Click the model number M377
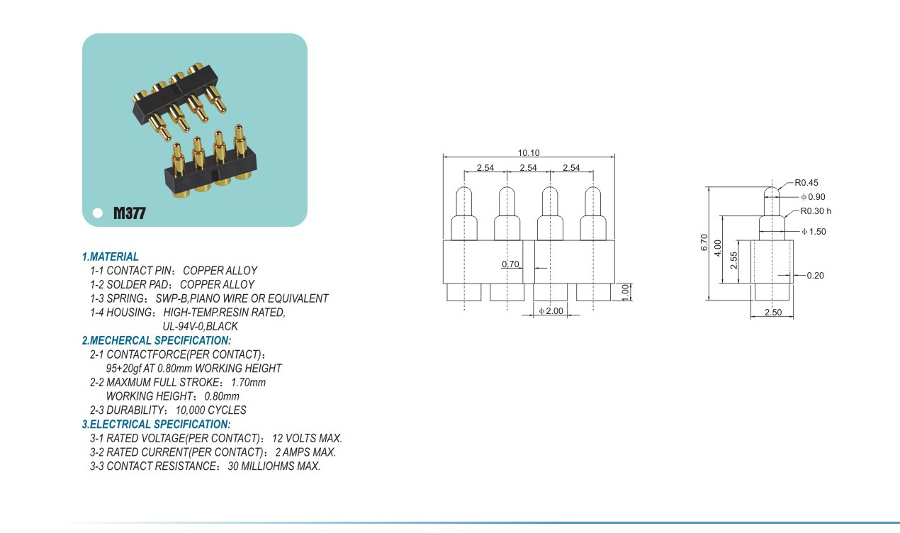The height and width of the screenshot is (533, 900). [129, 213]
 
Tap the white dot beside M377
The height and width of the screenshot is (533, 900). [98, 213]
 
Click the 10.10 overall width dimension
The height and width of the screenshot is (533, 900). [529, 152]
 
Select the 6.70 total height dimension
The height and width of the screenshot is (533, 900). [704, 242]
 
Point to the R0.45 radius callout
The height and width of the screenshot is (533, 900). [806, 183]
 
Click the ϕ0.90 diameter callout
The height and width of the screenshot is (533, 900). [812, 197]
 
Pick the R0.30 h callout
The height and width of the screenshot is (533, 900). [816, 211]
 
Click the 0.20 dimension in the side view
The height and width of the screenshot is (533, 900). [815, 276]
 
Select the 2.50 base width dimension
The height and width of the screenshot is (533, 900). [772, 313]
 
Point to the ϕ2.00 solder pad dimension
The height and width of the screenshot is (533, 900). [551, 311]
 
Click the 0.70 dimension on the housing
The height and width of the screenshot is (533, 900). [510, 264]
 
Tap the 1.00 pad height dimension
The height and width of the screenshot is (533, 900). [625, 291]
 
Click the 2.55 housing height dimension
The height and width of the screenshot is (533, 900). [735, 260]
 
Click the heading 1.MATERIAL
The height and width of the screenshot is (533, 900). [111, 257]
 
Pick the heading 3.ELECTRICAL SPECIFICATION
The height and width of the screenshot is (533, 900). [156, 425]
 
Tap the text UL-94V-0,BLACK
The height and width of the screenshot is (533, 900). [200, 327]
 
